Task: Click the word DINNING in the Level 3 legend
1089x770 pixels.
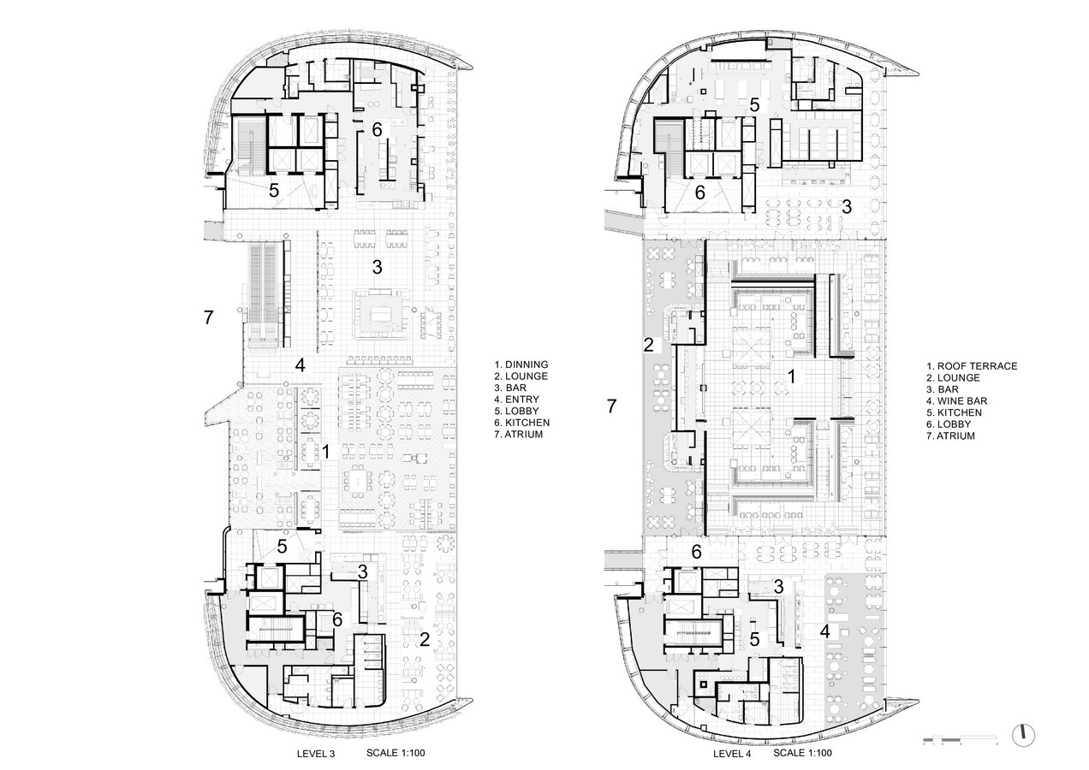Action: [x=527, y=364]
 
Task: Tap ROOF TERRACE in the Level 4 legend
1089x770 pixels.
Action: [x=977, y=366]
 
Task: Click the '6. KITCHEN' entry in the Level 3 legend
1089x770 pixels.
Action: [x=522, y=423]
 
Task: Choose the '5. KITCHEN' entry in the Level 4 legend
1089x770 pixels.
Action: [x=955, y=412]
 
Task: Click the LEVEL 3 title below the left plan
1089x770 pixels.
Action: [x=316, y=754]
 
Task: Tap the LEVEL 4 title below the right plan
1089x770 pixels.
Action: [x=732, y=754]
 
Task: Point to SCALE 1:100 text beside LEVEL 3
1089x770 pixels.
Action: [x=396, y=753]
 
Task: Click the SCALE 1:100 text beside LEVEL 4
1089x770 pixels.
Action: [x=803, y=753]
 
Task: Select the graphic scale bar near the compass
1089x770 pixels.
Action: [x=961, y=740]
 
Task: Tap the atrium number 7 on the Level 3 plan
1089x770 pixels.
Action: [x=209, y=317]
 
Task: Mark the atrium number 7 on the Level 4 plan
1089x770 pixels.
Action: [x=611, y=406]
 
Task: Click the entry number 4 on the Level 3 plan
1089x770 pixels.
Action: [x=300, y=364]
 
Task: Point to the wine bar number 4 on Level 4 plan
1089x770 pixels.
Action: [x=825, y=631]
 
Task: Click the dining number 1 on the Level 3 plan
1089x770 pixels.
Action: [x=326, y=452]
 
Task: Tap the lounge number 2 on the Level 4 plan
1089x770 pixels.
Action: [x=649, y=345]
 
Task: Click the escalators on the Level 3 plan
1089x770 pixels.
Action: [x=264, y=295]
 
